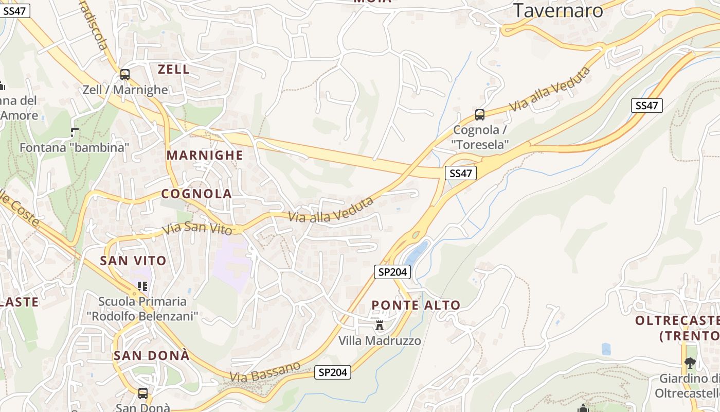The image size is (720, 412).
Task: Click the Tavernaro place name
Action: (558, 10)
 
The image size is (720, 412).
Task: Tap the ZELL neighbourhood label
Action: (173, 70)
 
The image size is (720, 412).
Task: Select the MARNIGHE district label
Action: (204, 156)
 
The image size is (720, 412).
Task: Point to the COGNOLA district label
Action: (196, 194)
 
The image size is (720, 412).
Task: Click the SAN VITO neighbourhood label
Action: (133, 261)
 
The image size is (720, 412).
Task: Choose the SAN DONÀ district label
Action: (151, 355)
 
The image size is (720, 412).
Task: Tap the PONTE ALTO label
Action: (416, 305)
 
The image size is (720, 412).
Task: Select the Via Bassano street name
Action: (265, 372)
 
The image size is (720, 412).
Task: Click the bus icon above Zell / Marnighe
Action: (125, 75)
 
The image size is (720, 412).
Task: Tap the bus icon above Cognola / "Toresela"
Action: (480, 115)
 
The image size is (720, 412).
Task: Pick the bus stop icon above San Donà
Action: (143, 393)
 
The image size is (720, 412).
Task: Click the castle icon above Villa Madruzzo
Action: (380, 325)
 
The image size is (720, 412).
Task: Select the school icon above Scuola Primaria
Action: (142, 286)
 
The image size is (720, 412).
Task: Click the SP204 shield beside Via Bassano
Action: (333, 372)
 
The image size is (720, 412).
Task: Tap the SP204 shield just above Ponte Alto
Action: (392, 272)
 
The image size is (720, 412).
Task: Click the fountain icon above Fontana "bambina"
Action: (75, 132)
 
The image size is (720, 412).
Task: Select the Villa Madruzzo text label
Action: (380, 341)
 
